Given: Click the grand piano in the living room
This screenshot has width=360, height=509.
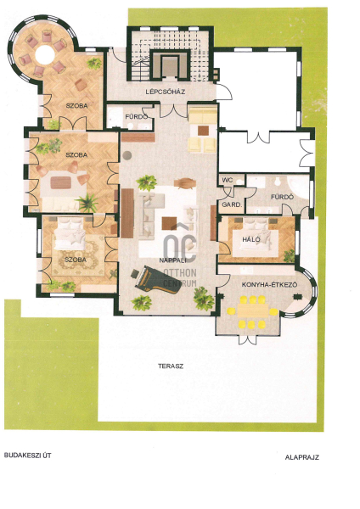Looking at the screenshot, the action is (x=155, y=279).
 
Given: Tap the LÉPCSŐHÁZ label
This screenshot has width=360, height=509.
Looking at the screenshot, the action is (x=166, y=92).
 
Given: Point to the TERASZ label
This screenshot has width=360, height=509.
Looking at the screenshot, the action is (x=171, y=366).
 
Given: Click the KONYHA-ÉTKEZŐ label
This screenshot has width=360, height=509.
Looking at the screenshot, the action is (x=270, y=285).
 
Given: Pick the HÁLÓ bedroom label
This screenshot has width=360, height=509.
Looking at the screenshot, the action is (x=251, y=239).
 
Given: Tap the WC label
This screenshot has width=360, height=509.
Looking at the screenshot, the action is (x=228, y=180).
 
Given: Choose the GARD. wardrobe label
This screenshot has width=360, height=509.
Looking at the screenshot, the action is (x=232, y=204).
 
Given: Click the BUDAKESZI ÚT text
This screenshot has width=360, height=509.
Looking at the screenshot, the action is (x=28, y=455).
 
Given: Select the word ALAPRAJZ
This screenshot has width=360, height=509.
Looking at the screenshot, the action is (x=302, y=457).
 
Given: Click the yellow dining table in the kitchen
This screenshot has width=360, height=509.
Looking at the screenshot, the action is (x=253, y=310).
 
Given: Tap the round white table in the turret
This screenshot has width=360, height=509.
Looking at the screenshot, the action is (x=44, y=54).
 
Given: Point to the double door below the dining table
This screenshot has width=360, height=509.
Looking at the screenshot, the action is (x=248, y=340).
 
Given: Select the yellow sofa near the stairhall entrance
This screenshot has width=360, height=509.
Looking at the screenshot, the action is (x=203, y=115).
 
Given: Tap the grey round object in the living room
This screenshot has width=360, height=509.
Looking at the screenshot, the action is (x=127, y=155).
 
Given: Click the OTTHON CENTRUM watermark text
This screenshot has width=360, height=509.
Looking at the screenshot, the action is (x=180, y=277).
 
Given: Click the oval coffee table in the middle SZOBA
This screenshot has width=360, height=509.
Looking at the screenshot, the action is (x=63, y=182).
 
